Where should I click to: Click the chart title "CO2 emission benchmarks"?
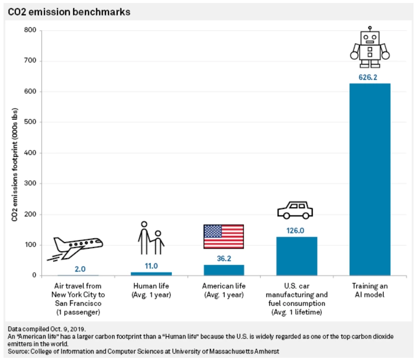69,11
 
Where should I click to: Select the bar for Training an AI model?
370,179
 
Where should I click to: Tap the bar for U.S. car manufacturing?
297,256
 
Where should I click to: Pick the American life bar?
224,270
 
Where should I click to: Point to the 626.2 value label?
370,77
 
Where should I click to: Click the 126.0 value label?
297,230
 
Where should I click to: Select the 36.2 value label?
224,258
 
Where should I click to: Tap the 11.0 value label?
151,266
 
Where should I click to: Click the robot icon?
370,47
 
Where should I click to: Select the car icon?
295,210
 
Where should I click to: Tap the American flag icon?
224,236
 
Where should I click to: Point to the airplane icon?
76,247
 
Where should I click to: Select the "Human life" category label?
151,290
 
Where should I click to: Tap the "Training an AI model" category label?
370,290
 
